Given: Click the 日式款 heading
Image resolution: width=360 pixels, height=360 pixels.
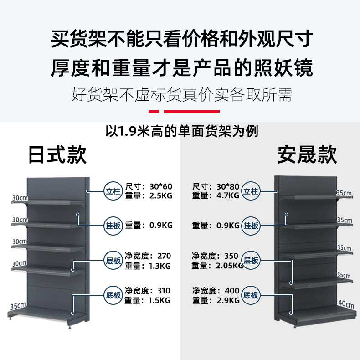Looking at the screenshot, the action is tap(57, 155).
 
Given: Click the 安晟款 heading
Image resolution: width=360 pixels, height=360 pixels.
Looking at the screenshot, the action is tap(307, 155).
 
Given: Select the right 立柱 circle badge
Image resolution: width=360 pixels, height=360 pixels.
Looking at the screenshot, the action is tap(251, 191).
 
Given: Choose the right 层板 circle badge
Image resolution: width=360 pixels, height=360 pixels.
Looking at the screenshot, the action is tap(251, 261).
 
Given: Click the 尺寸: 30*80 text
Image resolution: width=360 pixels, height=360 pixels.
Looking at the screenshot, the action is tap(216, 186).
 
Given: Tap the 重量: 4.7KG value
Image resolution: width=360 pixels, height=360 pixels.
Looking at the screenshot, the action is tap(216, 195).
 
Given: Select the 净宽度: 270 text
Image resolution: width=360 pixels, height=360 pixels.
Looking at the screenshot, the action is tap(148, 256).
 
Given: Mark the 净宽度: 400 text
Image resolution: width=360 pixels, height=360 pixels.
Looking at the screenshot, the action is tap(216, 290).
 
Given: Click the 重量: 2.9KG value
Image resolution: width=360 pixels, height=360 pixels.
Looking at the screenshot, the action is tap(216, 300).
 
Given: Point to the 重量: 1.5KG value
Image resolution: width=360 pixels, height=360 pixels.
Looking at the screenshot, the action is tap(148, 300).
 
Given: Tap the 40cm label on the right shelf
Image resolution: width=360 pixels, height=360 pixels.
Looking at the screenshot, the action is tap(345, 303).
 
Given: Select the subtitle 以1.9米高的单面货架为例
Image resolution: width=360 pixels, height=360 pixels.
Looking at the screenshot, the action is tap(182, 132).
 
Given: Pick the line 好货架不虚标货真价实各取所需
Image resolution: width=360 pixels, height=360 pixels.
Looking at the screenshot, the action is tap(181, 95).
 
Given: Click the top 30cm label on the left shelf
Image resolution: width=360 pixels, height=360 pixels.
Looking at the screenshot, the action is tap(20, 198).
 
